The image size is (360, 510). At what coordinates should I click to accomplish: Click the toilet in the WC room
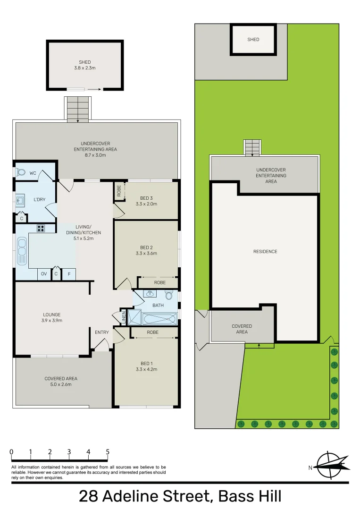click(20, 173)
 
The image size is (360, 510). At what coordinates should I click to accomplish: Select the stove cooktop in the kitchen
click(41, 229)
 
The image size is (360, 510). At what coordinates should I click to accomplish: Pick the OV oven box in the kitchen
click(44, 274)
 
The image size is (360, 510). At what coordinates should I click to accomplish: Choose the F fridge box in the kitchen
click(69, 274)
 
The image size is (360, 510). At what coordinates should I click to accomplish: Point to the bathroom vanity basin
click(150, 294)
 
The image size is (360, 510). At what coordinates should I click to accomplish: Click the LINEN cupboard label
click(124, 317)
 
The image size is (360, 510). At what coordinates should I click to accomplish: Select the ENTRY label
click(101, 332)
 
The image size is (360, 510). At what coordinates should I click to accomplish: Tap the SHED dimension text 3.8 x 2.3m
click(85, 68)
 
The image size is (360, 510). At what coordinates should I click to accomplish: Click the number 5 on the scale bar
click(108, 452)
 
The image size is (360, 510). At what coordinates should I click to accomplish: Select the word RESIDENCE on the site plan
click(265, 252)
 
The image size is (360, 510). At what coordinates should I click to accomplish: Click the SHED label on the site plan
click(253, 40)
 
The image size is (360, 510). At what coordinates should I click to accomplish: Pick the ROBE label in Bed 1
click(152, 332)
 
